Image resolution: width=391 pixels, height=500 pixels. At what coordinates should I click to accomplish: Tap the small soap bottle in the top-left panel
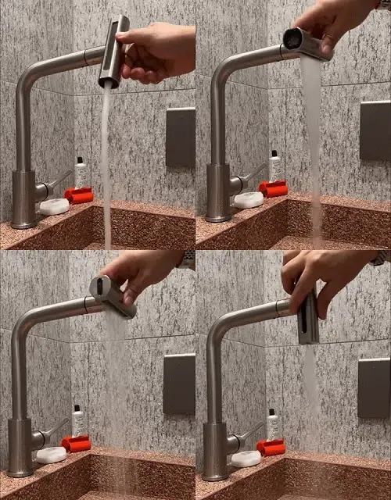point(81,173)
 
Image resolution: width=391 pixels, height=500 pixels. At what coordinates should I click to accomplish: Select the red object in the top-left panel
point(79,195)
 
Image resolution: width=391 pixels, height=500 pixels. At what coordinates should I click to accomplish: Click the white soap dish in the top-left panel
point(54,207)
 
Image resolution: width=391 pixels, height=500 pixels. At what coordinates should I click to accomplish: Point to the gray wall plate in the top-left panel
point(181,137)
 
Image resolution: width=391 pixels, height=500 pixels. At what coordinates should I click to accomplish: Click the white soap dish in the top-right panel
point(249,200)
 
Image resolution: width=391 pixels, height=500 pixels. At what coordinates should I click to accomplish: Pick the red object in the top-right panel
point(274,188)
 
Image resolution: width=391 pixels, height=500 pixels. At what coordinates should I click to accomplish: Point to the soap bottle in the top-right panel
point(275,166)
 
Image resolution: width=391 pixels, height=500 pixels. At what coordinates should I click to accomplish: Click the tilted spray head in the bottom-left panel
point(113,297)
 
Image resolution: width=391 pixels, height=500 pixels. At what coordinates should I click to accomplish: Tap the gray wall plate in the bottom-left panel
point(179,384)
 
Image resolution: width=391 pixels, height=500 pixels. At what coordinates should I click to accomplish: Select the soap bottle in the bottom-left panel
point(77,421)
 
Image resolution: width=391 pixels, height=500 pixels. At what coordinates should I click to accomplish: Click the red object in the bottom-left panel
point(76,444)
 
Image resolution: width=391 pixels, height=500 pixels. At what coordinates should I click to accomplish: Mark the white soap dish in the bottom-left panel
point(51,455)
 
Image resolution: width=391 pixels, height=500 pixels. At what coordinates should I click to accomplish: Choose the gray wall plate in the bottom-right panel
point(374,387)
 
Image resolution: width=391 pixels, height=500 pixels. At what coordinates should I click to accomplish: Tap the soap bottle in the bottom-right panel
point(272,425)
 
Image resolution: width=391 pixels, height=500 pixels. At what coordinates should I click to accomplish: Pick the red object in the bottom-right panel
point(271,447)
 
